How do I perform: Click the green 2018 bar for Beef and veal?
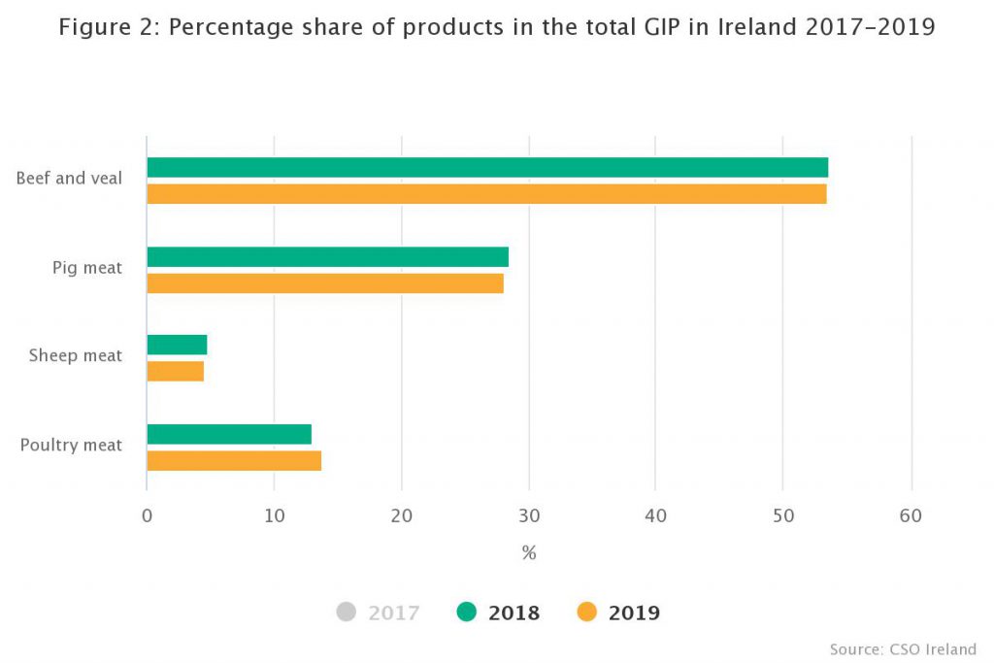tap(486, 167)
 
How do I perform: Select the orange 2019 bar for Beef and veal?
tap(486, 194)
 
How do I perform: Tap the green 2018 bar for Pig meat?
tap(327, 256)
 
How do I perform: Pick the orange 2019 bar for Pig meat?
tap(325, 283)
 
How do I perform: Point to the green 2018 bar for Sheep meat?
tap(177, 345)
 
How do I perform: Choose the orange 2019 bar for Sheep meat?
tap(176, 372)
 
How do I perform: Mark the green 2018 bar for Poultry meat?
tap(229, 434)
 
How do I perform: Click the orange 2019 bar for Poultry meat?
tap(234, 461)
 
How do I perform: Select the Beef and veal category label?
tap(69, 179)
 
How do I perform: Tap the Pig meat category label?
tap(87, 267)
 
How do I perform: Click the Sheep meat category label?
tap(76, 355)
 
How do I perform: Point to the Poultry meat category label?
tap(71, 445)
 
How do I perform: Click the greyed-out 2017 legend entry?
tap(378, 613)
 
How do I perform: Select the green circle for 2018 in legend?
tap(467, 613)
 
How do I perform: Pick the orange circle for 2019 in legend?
tap(586, 613)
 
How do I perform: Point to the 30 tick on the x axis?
tap(529, 516)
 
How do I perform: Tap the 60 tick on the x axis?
tap(911, 516)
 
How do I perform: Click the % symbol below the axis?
tap(529, 553)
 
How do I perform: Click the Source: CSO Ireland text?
tap(903, 648)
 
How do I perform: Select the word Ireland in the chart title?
tap(758, 27)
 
